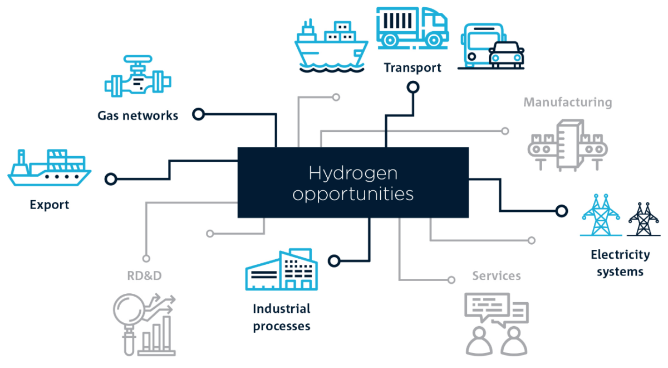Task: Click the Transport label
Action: [x=412, y=68]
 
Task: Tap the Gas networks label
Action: [x=137, y=116]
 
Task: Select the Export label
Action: [x=50, y=205]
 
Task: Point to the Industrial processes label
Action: [x=282, y=317]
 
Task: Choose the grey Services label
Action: [x=497, y=276]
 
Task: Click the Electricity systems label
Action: [x=620, y=263]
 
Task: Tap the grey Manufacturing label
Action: [x=567, y=103]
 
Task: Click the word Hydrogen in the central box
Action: [x=353, y=173]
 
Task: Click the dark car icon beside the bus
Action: [x=506, y=55]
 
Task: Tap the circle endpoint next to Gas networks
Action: [x=198, y=114]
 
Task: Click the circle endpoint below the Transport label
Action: [x=412, y=87]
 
